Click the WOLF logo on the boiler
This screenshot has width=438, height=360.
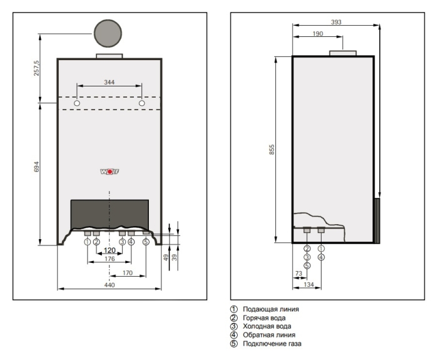click(x=109, y=171)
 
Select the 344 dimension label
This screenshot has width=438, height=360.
click(x=109, y=83)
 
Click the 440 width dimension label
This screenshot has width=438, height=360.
click(x=109, y=285)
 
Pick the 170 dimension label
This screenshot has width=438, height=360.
click(x=128, y=273)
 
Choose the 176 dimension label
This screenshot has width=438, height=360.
click(x=109, y=259)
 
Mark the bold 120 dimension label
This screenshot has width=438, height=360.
click(x=109, y=250)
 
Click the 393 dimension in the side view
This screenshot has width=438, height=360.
click(x=336, y=22)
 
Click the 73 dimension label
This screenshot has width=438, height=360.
click(x=298, y=274)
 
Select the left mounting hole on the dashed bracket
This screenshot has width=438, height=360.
click(x=76, y=103)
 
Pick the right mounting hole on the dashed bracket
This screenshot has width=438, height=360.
click(x=142, y=103)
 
